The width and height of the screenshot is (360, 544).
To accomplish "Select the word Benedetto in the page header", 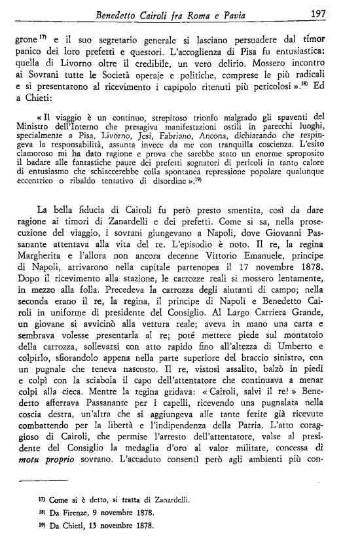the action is pos(121,14).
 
